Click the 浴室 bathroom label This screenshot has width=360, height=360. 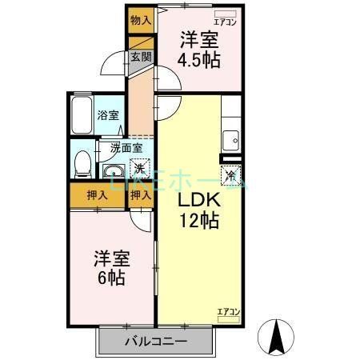(x=108, y=115)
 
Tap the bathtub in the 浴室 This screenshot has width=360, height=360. (x=82, y=116)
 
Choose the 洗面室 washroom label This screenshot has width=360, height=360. (x=126, y=147)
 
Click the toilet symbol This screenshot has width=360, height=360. (x=81, y=164)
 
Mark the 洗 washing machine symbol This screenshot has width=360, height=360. (x=139, y=169)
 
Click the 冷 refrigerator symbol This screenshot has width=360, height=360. (x=230, y=174)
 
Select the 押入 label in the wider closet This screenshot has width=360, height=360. (x=97, y=196)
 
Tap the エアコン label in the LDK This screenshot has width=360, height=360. (x=228, y=311)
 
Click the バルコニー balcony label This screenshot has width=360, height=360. (x=156, y=342)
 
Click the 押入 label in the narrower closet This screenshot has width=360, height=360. (x=141, y=196)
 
